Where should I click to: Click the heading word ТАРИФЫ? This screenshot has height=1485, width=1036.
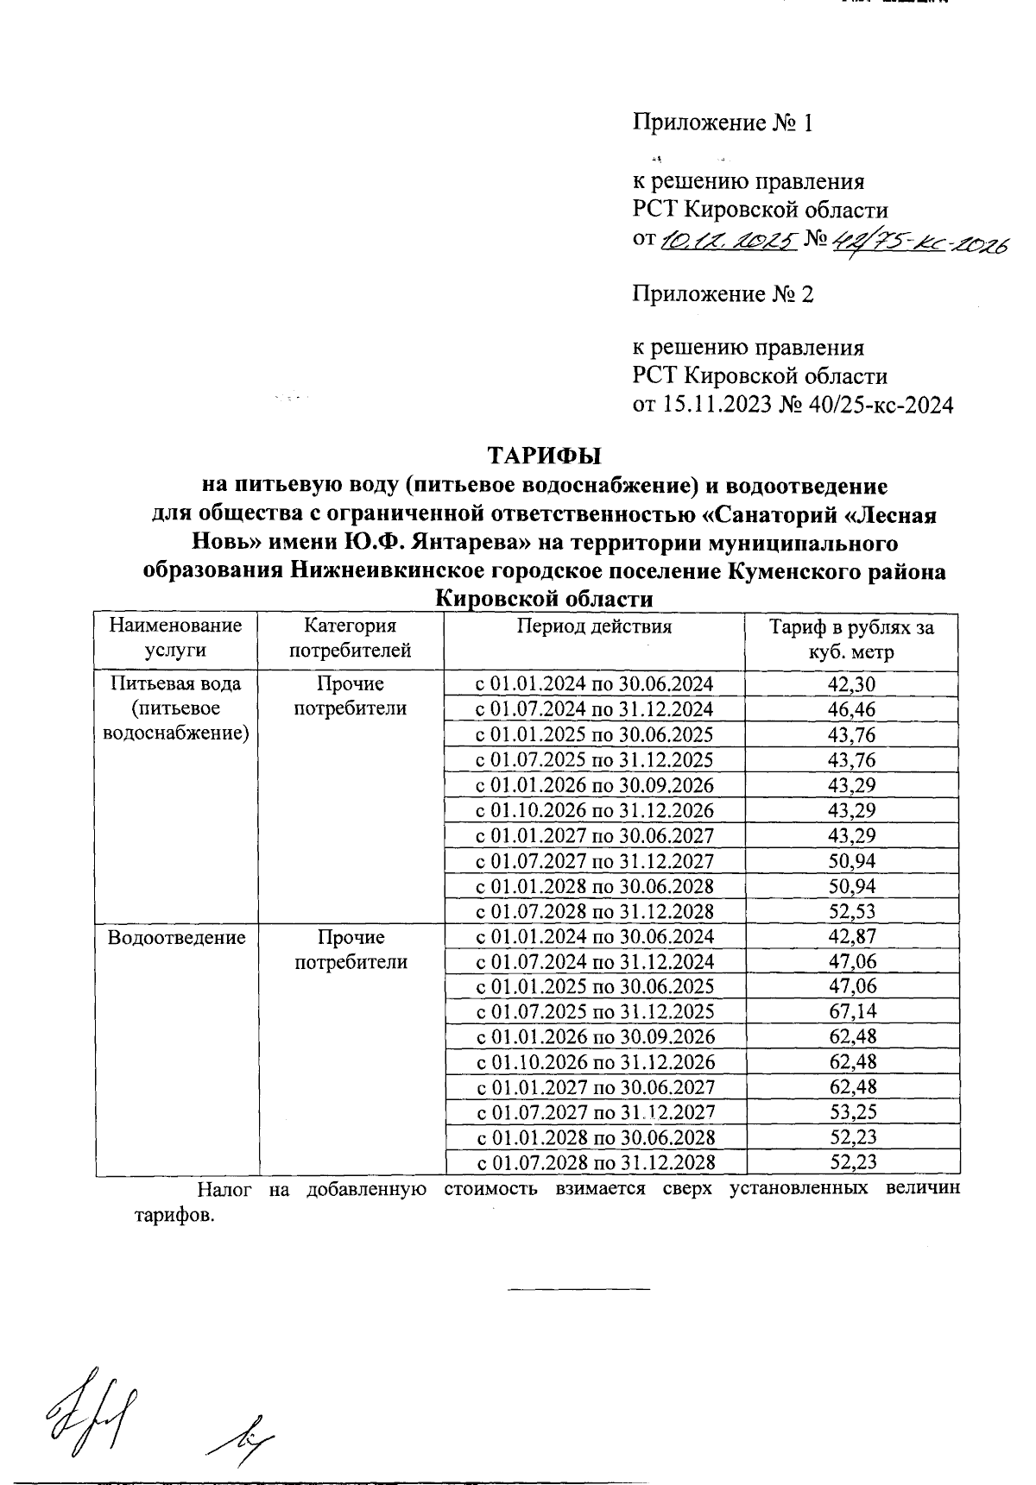544,455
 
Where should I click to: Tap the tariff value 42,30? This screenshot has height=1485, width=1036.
852,684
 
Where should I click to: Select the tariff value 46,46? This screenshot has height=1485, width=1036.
852,709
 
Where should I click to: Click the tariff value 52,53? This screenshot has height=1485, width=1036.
852,911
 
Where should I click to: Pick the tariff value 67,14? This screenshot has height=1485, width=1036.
852,1011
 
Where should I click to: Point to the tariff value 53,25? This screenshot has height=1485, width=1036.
852,1112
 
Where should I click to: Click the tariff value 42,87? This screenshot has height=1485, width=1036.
852,937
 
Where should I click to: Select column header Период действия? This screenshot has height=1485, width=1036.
594,627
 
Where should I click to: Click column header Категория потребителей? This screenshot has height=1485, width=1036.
350,639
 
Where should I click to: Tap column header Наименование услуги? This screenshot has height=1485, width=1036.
176,639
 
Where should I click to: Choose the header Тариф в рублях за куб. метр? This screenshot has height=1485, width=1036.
851,639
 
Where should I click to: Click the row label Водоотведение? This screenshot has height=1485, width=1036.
176,937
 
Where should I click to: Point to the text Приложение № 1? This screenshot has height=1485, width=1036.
723,123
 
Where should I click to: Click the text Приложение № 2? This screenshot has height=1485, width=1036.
723,294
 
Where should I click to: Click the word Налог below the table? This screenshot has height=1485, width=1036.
224,1189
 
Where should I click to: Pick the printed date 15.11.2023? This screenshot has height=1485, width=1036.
716,405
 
